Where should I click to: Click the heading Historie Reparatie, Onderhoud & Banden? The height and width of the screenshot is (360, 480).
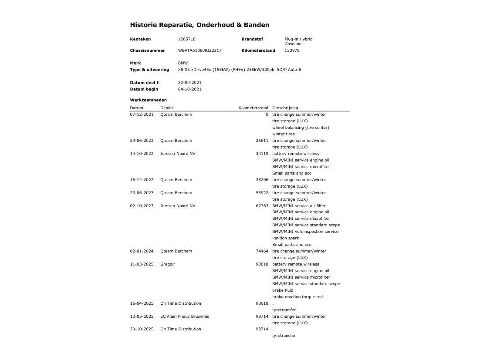[x=199, y=25]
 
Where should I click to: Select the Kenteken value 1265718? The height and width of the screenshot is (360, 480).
[x=186, y=39]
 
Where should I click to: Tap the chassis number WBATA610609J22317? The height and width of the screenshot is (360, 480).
[x=199, y=50]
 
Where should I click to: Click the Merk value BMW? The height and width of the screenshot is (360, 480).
[x=183, y=63]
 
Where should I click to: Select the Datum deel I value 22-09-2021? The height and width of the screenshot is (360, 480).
[x=189, y=83]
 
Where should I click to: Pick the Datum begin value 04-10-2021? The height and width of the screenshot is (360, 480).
[x=189, y=89]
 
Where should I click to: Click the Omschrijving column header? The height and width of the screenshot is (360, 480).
[x=285, y=108]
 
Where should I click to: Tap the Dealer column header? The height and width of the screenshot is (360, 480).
[x=166, y=108]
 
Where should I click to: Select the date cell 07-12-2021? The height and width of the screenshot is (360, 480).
[x=142, y=114]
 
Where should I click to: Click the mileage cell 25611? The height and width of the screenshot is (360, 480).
[x=262, y=141]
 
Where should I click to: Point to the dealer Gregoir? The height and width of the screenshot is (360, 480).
[x=168, y=264]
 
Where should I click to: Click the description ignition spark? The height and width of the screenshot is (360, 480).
[x=285, y=238]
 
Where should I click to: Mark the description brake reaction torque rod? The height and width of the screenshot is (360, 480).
[x=297, y=297]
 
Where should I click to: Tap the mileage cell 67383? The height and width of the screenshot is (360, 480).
[x=262, y=206]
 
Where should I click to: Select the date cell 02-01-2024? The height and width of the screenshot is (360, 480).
[x=142, y=251]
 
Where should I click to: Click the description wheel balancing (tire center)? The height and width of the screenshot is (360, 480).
[x=301, y=128]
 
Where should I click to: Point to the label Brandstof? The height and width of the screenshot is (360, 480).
[x=252, y=39]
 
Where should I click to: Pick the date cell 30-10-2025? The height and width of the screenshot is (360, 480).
[x=142, y=329]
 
